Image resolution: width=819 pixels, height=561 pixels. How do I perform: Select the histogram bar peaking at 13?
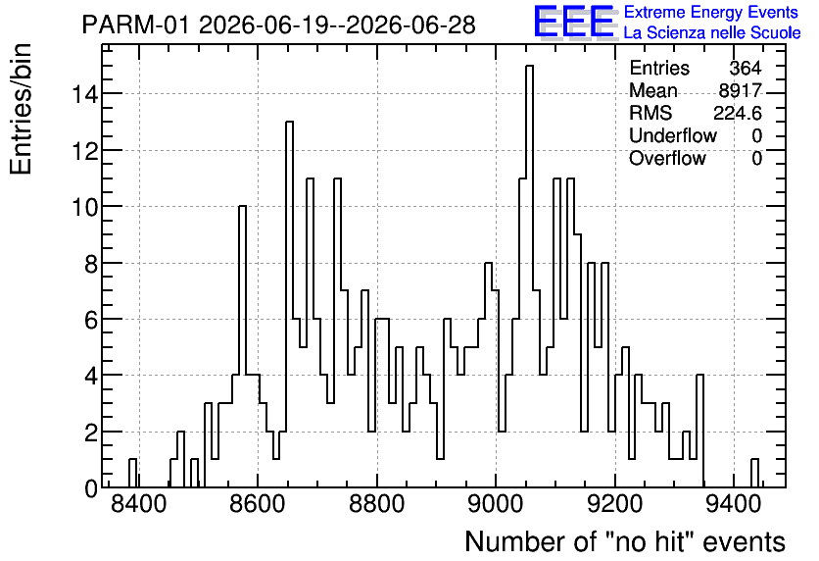coord(289,304)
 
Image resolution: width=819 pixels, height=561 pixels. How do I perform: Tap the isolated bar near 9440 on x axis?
coord(754,473)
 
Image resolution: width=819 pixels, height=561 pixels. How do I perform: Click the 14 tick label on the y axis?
coord(85,94)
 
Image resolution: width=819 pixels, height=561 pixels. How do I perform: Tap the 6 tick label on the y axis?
coord(91,320)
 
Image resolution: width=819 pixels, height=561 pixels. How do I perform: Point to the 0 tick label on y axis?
coord(91,488)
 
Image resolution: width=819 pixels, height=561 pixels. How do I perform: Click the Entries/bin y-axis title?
coord(22,109)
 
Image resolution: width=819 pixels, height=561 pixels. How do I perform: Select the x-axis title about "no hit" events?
coord(625,541)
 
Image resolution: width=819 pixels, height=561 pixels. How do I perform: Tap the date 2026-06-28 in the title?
coord(410,25)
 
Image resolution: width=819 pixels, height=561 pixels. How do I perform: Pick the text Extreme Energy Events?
coord(711,12)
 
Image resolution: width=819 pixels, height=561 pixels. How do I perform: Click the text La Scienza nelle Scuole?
coord(712,32)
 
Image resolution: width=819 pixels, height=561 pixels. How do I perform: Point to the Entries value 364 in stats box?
coord(746,68)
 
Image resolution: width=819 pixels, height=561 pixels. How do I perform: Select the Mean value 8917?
coord(740,90)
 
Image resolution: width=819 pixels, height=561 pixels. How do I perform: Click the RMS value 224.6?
coord(738,113)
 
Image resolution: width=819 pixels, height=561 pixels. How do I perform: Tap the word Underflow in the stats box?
coord(673,135)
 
